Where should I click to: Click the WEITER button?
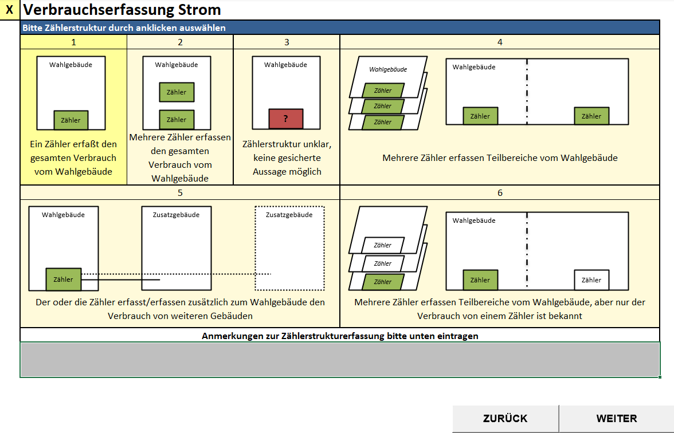click(x=617, y=419)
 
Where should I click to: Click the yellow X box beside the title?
click(x=9, y=9)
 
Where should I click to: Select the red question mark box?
click(x=286, y=119)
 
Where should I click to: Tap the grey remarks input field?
click(x=340, y=360)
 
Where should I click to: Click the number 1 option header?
click(x=73, y=42)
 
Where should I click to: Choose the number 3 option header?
click(x=287, y=42)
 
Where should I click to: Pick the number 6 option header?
click(x=500, y=192)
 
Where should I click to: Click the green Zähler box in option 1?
click(x=71, y=120)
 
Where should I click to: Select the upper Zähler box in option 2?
click(x=177, y=92)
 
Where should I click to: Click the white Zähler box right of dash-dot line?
click(x=591, y=280)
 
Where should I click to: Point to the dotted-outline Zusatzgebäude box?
click(x=289, y=249)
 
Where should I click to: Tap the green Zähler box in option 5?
click(x=63, y=280)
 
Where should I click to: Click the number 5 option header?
click(x=180, y=192)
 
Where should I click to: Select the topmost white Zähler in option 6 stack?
click(x=383, y=245)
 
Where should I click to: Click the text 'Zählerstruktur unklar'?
click(x=287, y=144)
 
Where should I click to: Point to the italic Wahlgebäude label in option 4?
click(x=388, y=69)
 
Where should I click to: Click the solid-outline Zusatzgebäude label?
click(x=177, y=215)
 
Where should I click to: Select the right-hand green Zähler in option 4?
click(x=591, y=116)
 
